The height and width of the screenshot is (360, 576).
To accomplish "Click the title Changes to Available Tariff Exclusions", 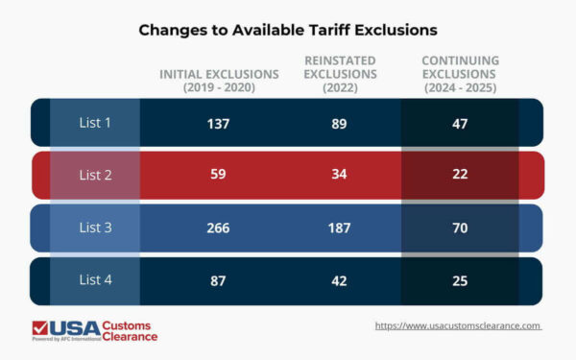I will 288,30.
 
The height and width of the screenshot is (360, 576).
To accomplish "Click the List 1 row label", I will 95,122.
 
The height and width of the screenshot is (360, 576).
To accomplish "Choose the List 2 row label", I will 95,175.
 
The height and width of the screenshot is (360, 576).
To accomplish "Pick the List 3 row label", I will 95,228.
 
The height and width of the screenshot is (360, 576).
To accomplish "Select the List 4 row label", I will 95,281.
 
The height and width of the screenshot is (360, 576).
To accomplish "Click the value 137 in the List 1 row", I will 220,123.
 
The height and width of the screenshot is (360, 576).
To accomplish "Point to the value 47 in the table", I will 460,123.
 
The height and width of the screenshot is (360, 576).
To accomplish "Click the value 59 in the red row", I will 220,176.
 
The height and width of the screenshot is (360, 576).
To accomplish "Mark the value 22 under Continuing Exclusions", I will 460,176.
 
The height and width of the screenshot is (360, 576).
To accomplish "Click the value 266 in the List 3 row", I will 220,228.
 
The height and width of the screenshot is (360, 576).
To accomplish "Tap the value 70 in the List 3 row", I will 460,228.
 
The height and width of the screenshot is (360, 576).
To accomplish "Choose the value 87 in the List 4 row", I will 220,281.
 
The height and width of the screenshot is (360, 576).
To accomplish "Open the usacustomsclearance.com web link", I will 458,326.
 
